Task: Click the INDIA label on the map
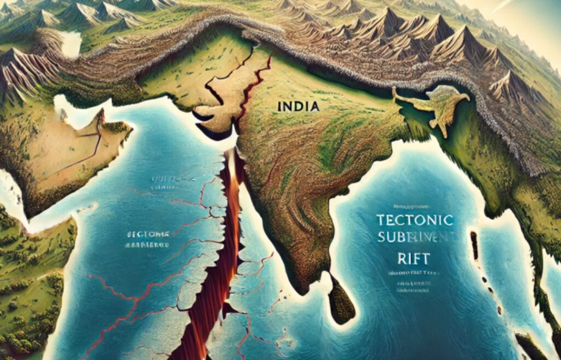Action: pyautogui.click(x=298, y=105)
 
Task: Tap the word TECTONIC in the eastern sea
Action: pyautogui.click(x=416, y=221)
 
